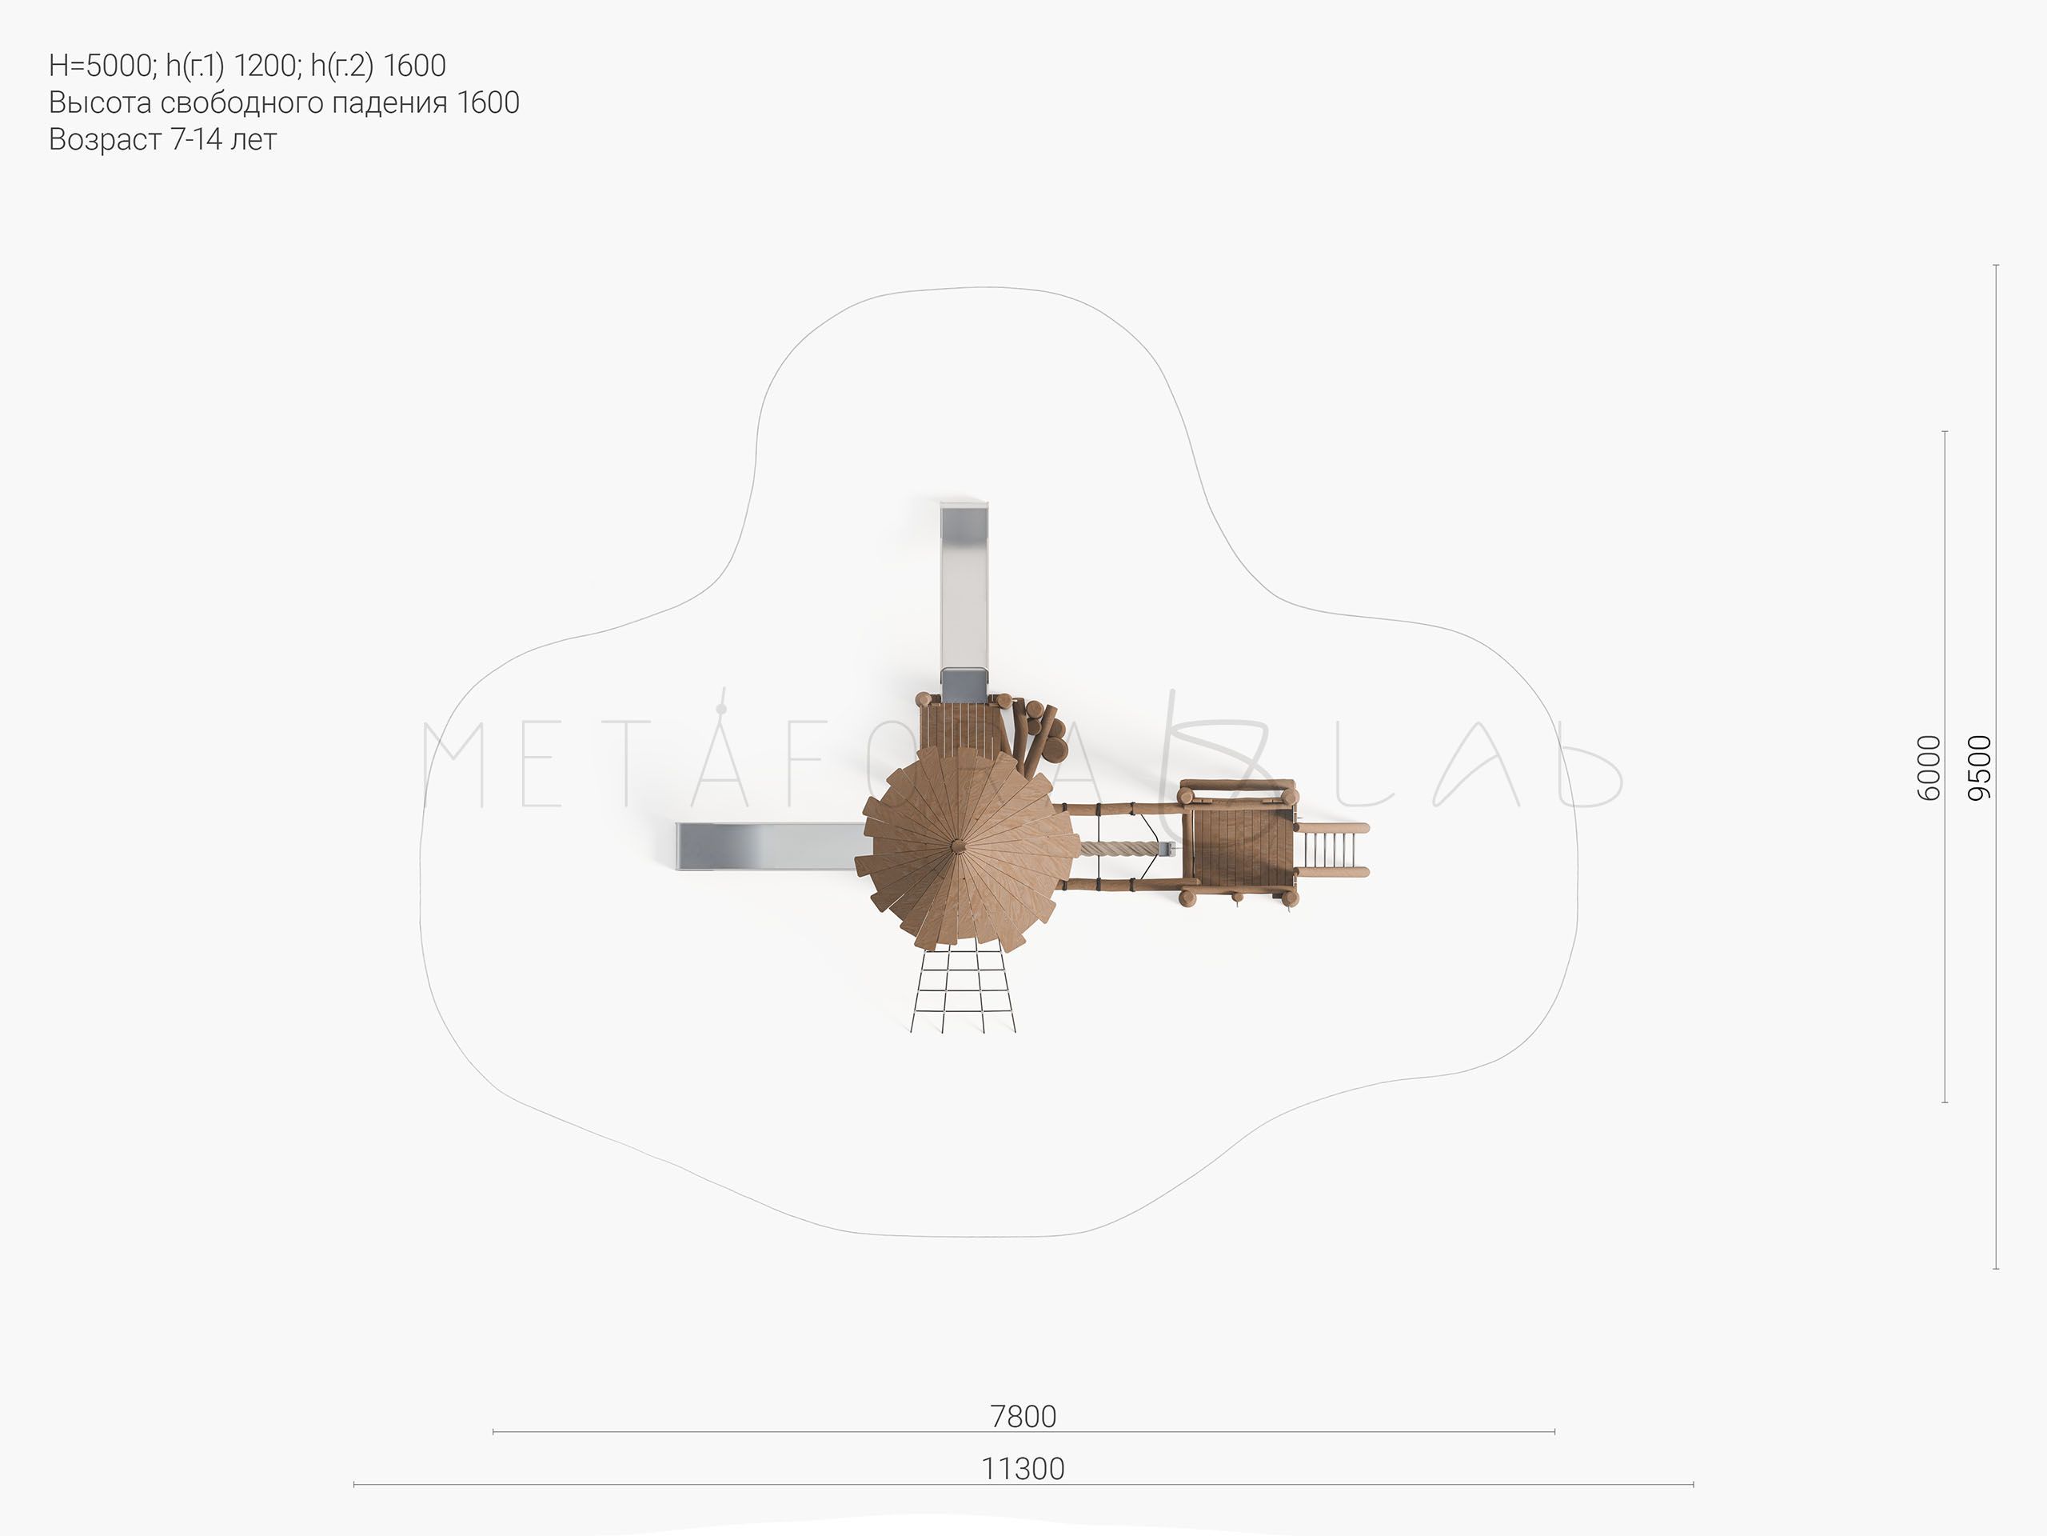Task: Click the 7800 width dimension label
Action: click(1023, 1417)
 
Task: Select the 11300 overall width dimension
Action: click(1023, 1470)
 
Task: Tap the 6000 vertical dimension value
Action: click(1928, 767)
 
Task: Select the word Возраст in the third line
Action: click(106, 140)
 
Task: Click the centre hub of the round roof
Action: click(956, 844)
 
